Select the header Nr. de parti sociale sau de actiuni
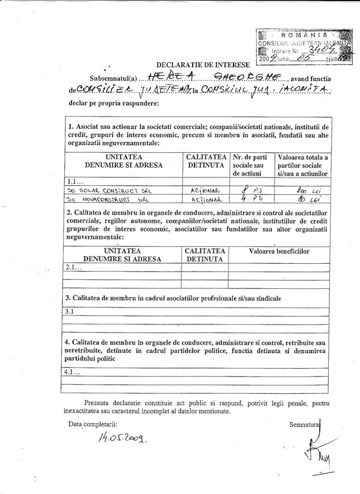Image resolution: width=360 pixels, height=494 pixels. [251, 165]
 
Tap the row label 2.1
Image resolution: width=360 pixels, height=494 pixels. [72, 267]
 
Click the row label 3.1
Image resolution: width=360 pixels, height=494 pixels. [70, 312]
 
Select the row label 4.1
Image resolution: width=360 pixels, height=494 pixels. [71, 372]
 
